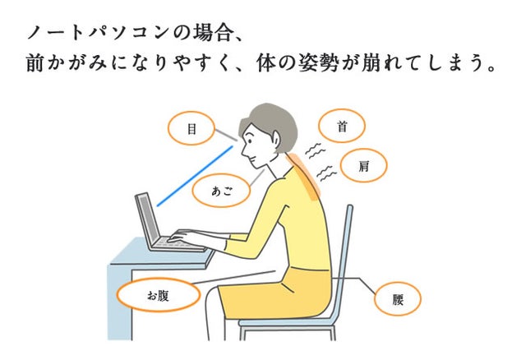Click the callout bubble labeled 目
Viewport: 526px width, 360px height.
[191, 128]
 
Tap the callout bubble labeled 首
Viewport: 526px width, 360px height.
[342, 126]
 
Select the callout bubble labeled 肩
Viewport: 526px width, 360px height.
[363, 165]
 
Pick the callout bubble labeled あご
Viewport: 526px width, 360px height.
[221, 191]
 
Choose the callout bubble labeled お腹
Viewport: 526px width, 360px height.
[159, 295]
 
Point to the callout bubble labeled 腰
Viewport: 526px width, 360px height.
[398, 299]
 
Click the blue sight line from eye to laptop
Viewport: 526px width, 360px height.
[195, 176]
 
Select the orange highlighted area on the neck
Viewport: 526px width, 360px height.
[303, 176]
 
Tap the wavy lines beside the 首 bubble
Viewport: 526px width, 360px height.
[315, 150]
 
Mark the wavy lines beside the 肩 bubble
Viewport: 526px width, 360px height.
[327, 173]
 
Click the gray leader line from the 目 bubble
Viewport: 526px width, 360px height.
[226, 135]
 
